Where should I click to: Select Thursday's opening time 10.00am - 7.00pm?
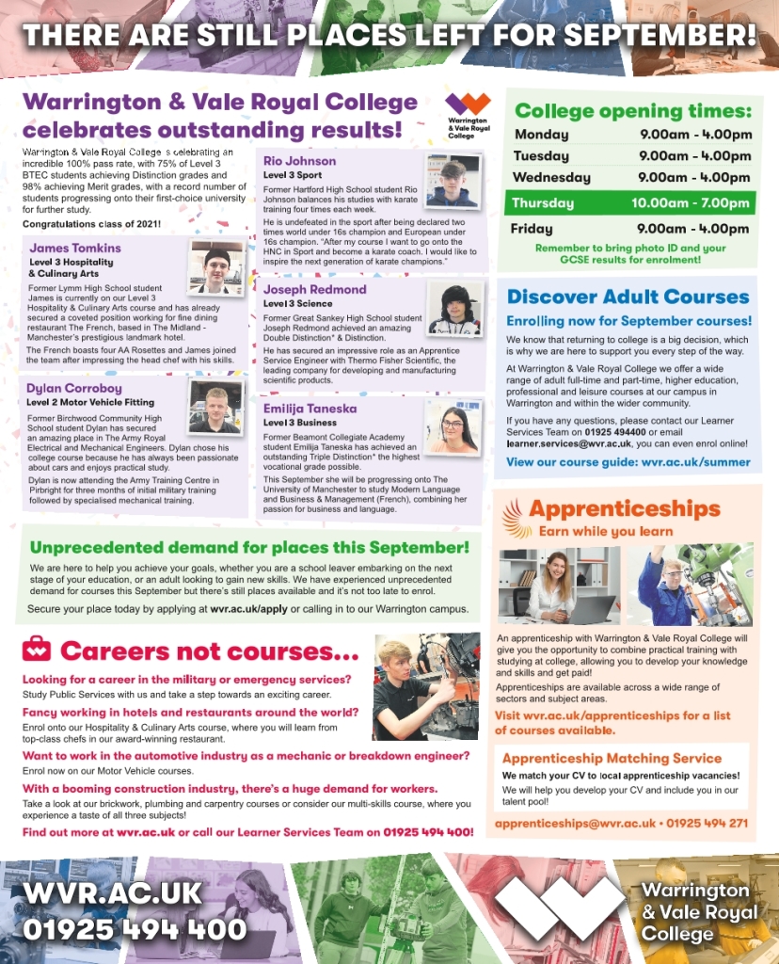click(692, 203)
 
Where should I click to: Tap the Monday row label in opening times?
click(541, 135)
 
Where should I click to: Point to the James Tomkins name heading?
click(75, 249)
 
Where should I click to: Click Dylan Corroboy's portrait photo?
click(215, 405)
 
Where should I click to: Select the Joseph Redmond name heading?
click(314, 289)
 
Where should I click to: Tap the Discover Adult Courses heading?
click(628, 297)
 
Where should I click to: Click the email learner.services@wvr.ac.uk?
click(568, 442)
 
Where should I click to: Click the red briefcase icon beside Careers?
click(37, 649)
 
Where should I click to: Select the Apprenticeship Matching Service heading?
click(612, 758)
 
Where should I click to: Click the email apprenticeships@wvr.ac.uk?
click(575, 823)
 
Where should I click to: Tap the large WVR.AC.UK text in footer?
click(112, 892)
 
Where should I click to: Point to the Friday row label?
click(532, 229)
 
